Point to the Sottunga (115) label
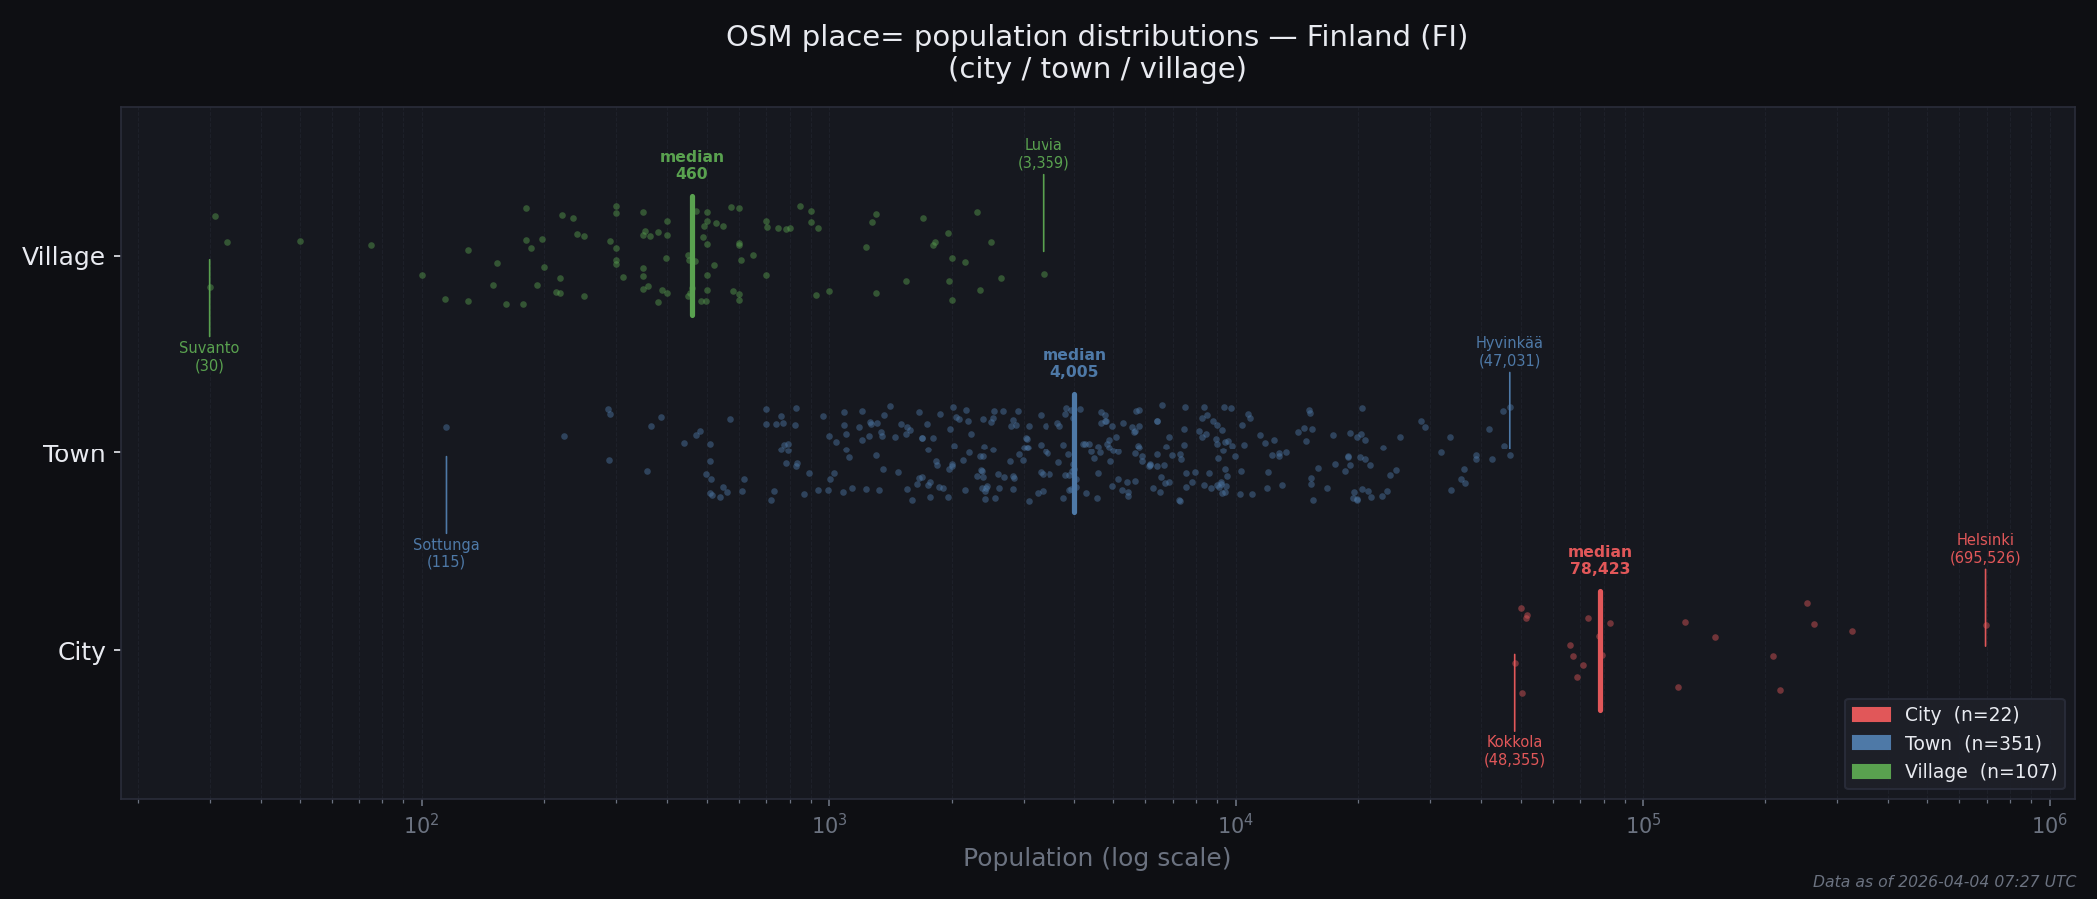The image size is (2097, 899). coord(446,553)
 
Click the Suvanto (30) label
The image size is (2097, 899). coord(209,357)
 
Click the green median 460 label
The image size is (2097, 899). coord(691,166)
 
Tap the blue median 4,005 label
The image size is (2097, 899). coord(1073,364)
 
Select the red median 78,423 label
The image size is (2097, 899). coord(1599,561)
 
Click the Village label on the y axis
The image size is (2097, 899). coord(63,257)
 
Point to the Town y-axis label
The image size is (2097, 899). coord(74,454)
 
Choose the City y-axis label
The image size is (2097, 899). coord(81,652)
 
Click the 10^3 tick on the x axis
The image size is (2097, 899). coord(829,825)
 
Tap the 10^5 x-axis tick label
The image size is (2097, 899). coord(1643,825)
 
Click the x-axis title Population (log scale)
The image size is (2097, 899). coord(1096,858)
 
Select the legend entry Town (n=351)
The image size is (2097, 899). coord(1972,743)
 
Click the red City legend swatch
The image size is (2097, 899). coord(1871,715)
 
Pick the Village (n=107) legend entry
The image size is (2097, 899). coord(1980,771)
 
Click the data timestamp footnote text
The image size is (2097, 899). coord(1943,882)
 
